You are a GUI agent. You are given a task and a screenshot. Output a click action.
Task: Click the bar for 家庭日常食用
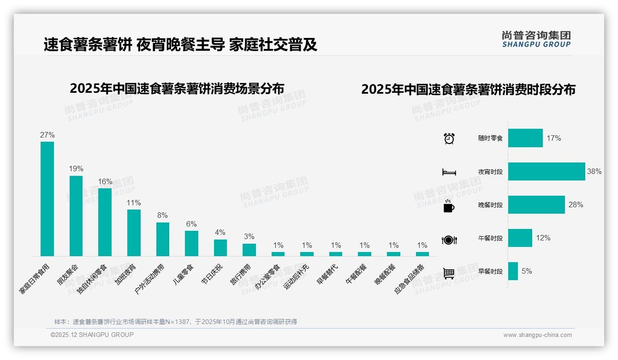(x=47, y=198)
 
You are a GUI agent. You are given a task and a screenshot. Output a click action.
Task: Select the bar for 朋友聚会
(x=76, y=216)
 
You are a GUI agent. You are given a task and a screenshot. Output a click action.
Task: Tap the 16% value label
(x=105, y=181)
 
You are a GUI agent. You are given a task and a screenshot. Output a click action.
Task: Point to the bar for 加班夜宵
(x=134, y=233)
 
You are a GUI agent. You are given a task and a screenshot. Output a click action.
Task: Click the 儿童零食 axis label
(x=184, y=274)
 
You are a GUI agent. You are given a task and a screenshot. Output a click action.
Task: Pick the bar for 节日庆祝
(x=220, y=247)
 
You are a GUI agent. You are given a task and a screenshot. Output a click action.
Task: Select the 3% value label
(x=249, y=237)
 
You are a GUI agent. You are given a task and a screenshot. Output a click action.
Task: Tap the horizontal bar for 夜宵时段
(x=547, y=171)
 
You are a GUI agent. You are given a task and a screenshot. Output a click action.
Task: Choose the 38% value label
(x=594, y=171)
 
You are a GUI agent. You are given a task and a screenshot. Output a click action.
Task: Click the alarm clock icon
(x=449, y=138)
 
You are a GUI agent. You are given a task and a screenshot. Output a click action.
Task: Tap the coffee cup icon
(x=449, y=206)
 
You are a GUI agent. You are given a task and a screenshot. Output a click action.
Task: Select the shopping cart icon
(x=449, y=273)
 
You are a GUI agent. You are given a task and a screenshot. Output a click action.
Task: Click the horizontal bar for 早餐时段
(x=513, y=271)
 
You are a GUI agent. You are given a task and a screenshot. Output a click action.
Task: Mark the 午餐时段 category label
(x=490, y=239)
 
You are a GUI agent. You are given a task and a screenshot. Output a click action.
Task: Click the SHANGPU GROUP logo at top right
(x=536, y=39)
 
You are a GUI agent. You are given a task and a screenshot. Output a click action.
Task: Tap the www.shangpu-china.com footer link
(x=537, y=335)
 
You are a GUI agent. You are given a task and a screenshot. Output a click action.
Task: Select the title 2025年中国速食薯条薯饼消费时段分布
(x=468, y=90)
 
